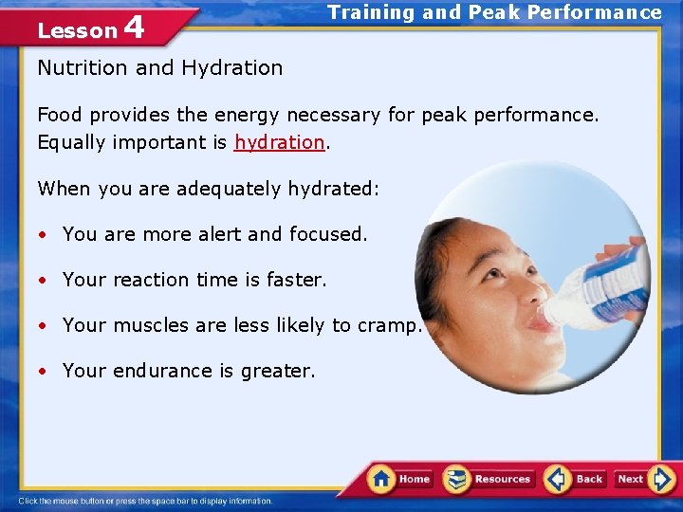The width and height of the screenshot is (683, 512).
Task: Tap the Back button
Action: [576, 479]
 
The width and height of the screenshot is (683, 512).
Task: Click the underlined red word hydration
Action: [280, 142]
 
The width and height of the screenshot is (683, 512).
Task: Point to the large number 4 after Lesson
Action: [134, 27]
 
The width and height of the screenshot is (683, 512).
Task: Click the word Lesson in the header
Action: [77, 30]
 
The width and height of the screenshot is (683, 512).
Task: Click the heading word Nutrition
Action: [83, 67]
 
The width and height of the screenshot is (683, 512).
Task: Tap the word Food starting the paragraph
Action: [60, 115]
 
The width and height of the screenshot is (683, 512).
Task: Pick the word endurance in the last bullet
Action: [161, 371]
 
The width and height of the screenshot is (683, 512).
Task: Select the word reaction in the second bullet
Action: [151, 280]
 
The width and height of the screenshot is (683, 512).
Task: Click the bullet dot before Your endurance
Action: [44, 372]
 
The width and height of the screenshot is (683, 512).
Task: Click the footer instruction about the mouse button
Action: [146, 501]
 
